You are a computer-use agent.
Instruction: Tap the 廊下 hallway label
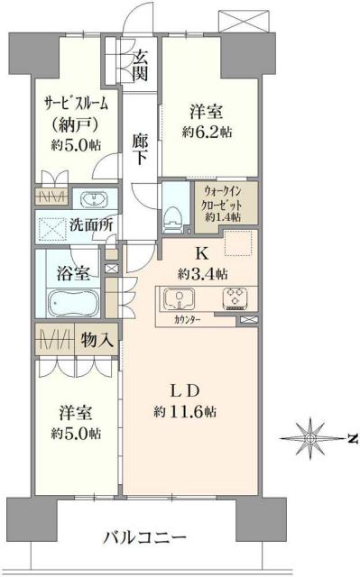click(141, 149)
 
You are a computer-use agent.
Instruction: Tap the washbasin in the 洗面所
click(93, 199)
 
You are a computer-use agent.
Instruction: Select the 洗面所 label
click(90, 225)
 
